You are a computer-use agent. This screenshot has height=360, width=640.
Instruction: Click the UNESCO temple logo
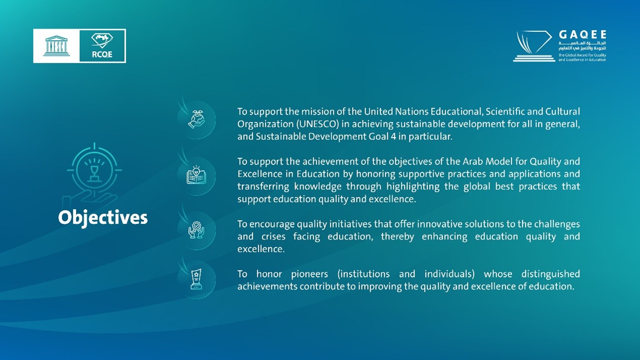pyautogui.click(x=56, y=46)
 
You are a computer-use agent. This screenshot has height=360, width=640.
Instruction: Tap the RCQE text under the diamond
pyautogui.click(x=102, y=54)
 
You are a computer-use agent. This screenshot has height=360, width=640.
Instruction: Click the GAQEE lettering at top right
pyautogui.click(x=583, y=35)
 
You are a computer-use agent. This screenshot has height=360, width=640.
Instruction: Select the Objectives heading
pyautogui.click(x=103, y=218)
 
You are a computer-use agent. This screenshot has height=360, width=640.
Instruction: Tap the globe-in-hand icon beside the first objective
pyautogui.click(x=196, y=119)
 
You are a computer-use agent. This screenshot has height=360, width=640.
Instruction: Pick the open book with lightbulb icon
pyautogui.click(x=196, y=174)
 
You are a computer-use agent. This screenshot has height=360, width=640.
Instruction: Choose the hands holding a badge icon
pyautogui.click(x=196, y=230)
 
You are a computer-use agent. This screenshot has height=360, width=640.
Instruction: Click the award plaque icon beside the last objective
pyautogui.click(x=196, y=279)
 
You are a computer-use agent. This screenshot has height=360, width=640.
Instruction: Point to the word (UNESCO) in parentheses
pyautogui.click(x=317, y=124)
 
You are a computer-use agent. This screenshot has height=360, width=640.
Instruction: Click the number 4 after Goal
pyautogui.click(x=393, y=136)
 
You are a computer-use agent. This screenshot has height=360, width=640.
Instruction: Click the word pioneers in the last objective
pyautogui.click(x=310, y=274)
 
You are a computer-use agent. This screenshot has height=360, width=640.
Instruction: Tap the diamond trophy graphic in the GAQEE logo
pyautogui.click(x=534, y=46)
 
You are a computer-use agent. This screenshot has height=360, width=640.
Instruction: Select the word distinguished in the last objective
pyautogui.click(x=551, y=274)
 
